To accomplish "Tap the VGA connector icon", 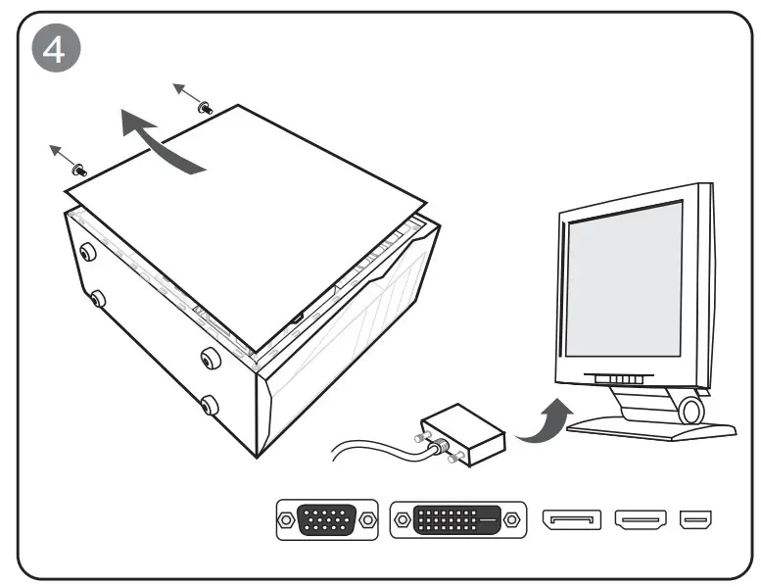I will (327, 520).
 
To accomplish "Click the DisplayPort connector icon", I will (571, 519).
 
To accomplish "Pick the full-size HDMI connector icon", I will (642, 519).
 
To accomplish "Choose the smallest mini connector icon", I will (697, 519).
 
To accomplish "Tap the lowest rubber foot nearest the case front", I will (210, 403).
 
